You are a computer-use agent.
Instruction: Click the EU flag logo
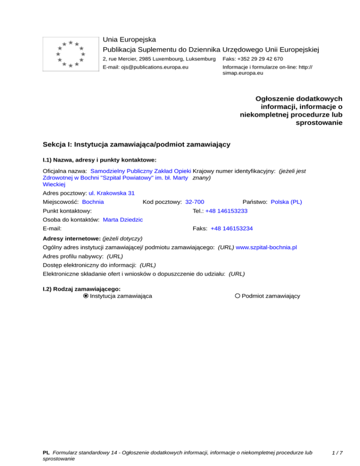pyautogui.click(x=70, y=54)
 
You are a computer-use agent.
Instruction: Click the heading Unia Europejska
pyautogui.click(x=129, y=40)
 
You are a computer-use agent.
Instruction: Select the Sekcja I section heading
pyautogui.click(x=136, y=144)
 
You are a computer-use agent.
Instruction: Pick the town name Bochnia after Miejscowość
pyautogui.click(x=93, y=202)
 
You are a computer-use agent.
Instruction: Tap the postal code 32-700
pyautogui.click(x=195, y=202)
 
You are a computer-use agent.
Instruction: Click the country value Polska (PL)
pyautogui.click(x=286, y=202)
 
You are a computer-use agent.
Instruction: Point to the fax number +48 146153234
pyautogui.click(x=232, y=229)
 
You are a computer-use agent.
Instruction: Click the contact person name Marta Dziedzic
pyautogui.click(x=122, y=220)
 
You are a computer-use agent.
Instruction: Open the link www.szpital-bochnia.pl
pyautogui.click(x=267, y=247)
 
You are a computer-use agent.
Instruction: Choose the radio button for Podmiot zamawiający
pyautogui.click(x=238, y=296)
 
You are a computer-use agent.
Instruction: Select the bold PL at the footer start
pyautogui.click(x=46, y=453)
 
